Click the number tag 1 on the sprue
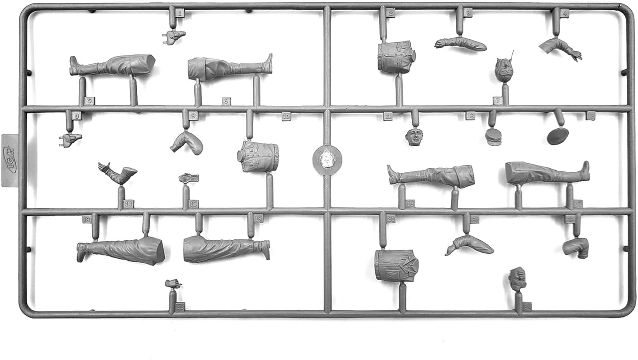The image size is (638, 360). tap(180, 13)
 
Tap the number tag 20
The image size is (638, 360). tap(391, 219)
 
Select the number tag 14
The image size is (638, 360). tap(129, 204)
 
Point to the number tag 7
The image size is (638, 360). tap(497, 101)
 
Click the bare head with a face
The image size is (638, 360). tap(414, 137)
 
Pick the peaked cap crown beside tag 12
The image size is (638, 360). tap(493, 136)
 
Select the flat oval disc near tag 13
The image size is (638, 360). tap(558, 136)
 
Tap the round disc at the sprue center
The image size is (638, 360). tap(327, 160)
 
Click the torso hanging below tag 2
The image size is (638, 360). tap(396, 57)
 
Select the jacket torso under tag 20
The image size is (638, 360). tap(396, 265)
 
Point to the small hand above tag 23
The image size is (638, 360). tap(173, 283)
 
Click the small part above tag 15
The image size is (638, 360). tap(189, 178)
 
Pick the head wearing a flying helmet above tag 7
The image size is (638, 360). tap(504, 70)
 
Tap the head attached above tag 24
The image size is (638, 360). tap(517, 278)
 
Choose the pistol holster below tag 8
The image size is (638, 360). tap(70, 139)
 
